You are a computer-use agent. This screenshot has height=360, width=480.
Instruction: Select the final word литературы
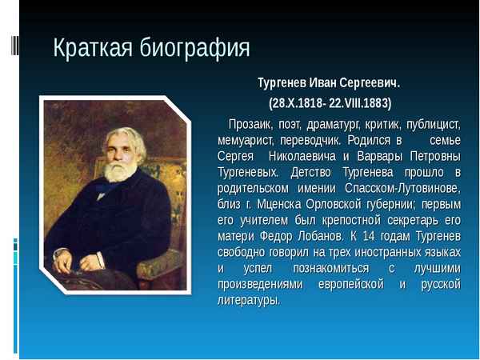[249, 300]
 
